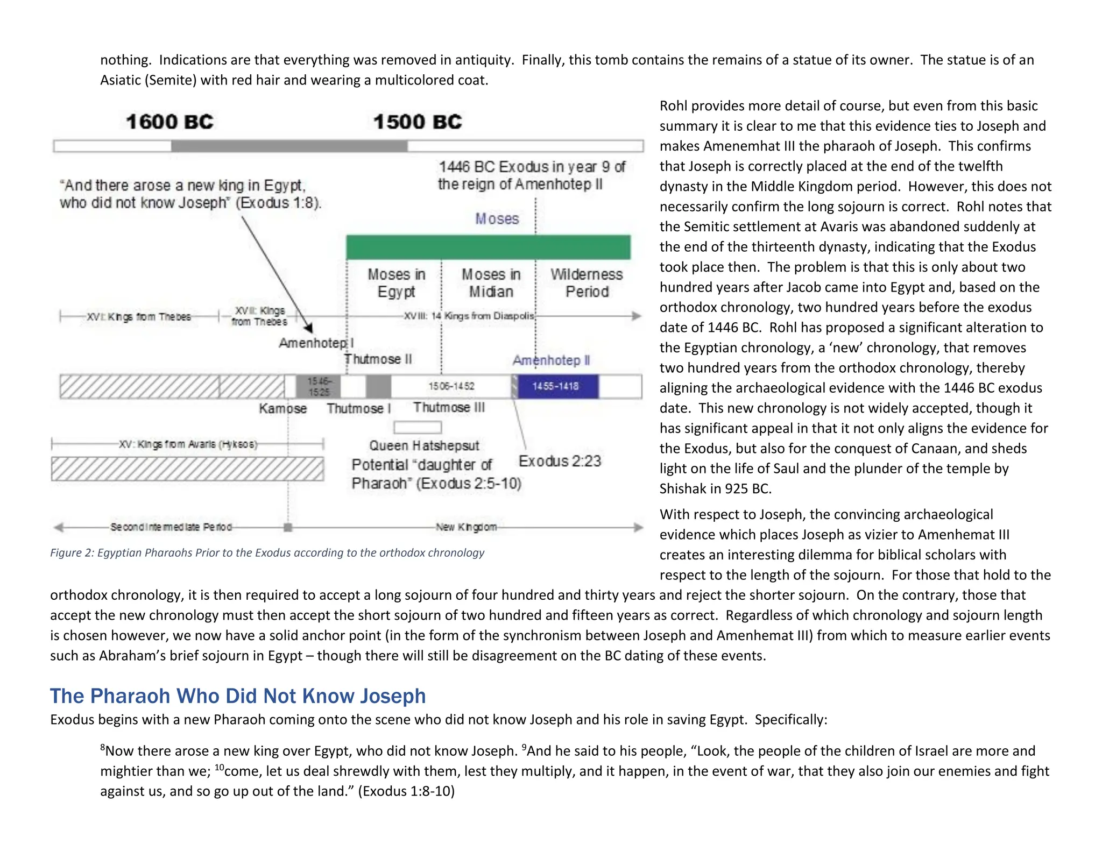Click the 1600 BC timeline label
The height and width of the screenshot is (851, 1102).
coord(169,122)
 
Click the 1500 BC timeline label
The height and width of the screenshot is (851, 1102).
coord(418,122)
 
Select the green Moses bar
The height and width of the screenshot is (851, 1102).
coord(488,247)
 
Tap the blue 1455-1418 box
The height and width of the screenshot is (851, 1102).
coord(555,386)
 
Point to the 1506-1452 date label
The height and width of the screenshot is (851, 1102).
coord(451,386)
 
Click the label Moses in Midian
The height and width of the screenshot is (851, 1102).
coord(491,283)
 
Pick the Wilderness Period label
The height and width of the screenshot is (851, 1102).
coord(587,283)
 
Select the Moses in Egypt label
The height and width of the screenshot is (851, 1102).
coord(397,283)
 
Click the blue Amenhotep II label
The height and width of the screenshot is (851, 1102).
coord(551,360)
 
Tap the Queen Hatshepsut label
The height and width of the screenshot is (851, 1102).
coord(424,445)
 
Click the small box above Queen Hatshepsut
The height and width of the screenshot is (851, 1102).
coord(418,428)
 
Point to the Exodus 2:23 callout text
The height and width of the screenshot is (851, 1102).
coord(560,461)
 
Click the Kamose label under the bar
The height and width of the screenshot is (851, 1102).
coord(282,409)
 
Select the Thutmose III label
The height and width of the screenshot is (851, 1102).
coord(449,408)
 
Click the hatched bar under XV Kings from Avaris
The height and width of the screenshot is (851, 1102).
coord(187,469)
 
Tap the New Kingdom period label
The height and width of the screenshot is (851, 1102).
coord(466,527)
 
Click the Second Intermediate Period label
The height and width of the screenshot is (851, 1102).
coord(171,527)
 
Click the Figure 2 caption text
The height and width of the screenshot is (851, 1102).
coord(267,553)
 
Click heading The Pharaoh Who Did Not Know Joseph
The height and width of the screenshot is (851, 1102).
coord(238,696)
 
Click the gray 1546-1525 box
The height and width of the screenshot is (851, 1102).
coord(319,386)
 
